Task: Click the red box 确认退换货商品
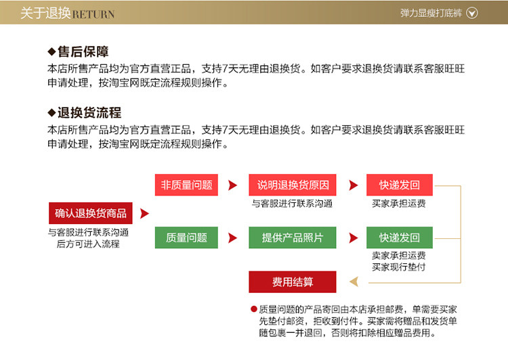click(90, 213)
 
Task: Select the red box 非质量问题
click(186, 185)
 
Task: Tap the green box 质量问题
click(186, 238)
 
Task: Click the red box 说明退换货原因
click(293, 185)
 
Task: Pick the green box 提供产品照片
click(293, 238)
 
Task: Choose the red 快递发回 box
click(399, 185)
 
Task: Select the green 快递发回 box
click(399, 238)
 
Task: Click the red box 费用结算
click(293, 282)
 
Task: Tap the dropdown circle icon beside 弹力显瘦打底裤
click(473, 13)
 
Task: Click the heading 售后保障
click(83, 51)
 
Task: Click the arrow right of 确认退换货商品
click(144, 214)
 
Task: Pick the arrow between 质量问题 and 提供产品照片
click(233, 238)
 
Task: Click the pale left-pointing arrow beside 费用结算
click(353, 282)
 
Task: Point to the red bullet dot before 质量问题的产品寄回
click(253, 309)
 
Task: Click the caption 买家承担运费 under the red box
click(399, 203)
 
